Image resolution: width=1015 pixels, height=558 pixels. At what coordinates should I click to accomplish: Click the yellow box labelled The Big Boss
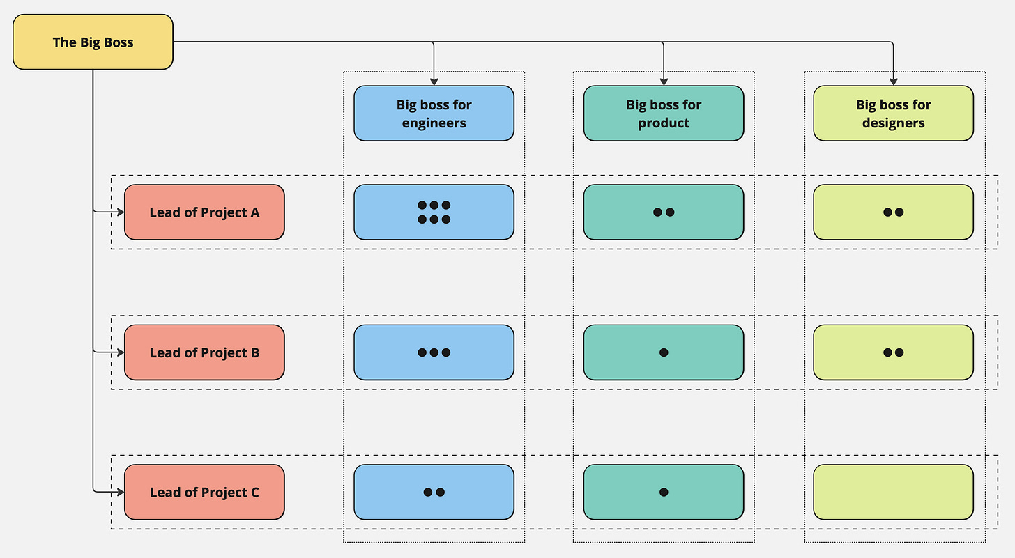[x=93, y=42]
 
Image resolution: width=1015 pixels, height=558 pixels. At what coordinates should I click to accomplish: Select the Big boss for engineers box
[x=434, y=114]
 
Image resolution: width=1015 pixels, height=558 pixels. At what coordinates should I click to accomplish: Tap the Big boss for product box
[x=664, y=114]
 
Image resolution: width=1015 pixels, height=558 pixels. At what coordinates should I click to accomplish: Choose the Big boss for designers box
[x=894, y=114]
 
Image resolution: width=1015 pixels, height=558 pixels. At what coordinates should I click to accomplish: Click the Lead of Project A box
[x=204, y=212]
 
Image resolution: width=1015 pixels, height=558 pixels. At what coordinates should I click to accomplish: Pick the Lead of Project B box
[x=204, y=352]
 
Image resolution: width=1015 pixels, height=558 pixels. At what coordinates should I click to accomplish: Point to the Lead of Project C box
[x=204, y=492]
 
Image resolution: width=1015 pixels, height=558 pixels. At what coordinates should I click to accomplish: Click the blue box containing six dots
[x=434, y=212]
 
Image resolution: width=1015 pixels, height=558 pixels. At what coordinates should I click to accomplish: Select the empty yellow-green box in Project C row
[x=894, y=492]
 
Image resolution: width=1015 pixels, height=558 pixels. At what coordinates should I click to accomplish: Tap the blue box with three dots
[x=434, y=352]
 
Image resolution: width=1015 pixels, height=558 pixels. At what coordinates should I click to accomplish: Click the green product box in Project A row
[x=664, y=212]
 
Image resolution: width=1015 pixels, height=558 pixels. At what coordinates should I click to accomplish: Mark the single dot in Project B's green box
[x=664, y=352]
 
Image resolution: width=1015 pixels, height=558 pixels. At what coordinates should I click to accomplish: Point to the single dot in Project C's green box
[x=664, y=492]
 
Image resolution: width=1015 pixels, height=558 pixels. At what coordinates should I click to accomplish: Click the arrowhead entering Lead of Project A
[x=121, y=212]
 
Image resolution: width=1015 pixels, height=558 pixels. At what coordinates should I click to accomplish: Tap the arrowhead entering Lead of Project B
[x=121, y=352]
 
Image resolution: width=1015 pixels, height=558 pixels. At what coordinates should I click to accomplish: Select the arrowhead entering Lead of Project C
[x=121, y=492]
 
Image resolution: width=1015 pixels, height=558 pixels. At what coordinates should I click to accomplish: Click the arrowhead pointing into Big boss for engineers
[x=434, y=82]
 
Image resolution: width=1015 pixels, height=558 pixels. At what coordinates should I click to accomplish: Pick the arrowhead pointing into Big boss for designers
[x=894, y=82]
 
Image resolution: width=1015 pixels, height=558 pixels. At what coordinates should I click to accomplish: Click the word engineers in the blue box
[x=434, y=123]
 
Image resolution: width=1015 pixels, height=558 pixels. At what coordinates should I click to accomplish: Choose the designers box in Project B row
[x=894, y=352]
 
